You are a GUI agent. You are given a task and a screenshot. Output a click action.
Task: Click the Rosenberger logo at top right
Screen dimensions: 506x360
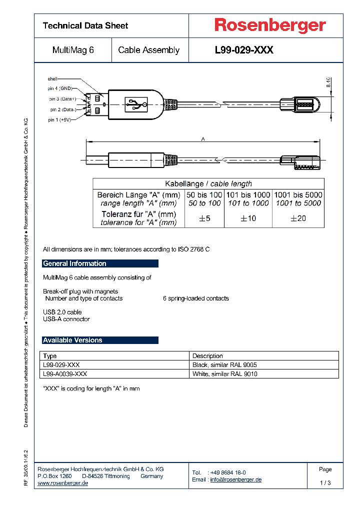[270, 25]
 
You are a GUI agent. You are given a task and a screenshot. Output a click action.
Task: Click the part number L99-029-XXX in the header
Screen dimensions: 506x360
[244, 50]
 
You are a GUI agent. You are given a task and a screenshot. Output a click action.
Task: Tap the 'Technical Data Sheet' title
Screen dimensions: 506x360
[85, 25]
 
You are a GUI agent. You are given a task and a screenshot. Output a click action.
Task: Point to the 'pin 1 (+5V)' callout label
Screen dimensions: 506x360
[59, 120]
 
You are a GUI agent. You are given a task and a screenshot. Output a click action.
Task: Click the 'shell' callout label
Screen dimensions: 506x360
[52, 79]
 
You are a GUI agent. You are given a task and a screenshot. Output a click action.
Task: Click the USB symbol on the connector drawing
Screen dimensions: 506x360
[137, 104]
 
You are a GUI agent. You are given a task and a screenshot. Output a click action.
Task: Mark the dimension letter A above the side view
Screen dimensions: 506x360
[203, 139]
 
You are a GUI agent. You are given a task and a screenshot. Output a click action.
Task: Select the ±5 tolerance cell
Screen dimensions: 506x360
[204, 218]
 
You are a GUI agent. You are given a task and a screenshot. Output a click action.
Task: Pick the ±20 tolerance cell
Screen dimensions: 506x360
[298, 218]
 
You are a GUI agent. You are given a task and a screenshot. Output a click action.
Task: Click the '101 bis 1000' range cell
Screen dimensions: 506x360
[248, 194]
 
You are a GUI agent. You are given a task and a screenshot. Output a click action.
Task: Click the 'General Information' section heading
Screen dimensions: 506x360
[75, 263]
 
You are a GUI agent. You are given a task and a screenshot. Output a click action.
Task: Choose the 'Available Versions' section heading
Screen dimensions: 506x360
[73, 340]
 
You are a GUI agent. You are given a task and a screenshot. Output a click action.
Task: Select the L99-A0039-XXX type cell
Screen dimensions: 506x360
[65, 373]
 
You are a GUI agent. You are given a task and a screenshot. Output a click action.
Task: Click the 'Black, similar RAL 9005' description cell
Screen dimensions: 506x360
[224, 365]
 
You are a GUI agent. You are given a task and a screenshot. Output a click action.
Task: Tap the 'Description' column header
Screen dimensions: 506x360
[207, 356]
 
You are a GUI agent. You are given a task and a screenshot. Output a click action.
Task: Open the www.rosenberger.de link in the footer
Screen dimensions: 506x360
[63, 483]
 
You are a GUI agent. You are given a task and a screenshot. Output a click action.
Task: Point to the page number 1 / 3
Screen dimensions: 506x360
[325, 482]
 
